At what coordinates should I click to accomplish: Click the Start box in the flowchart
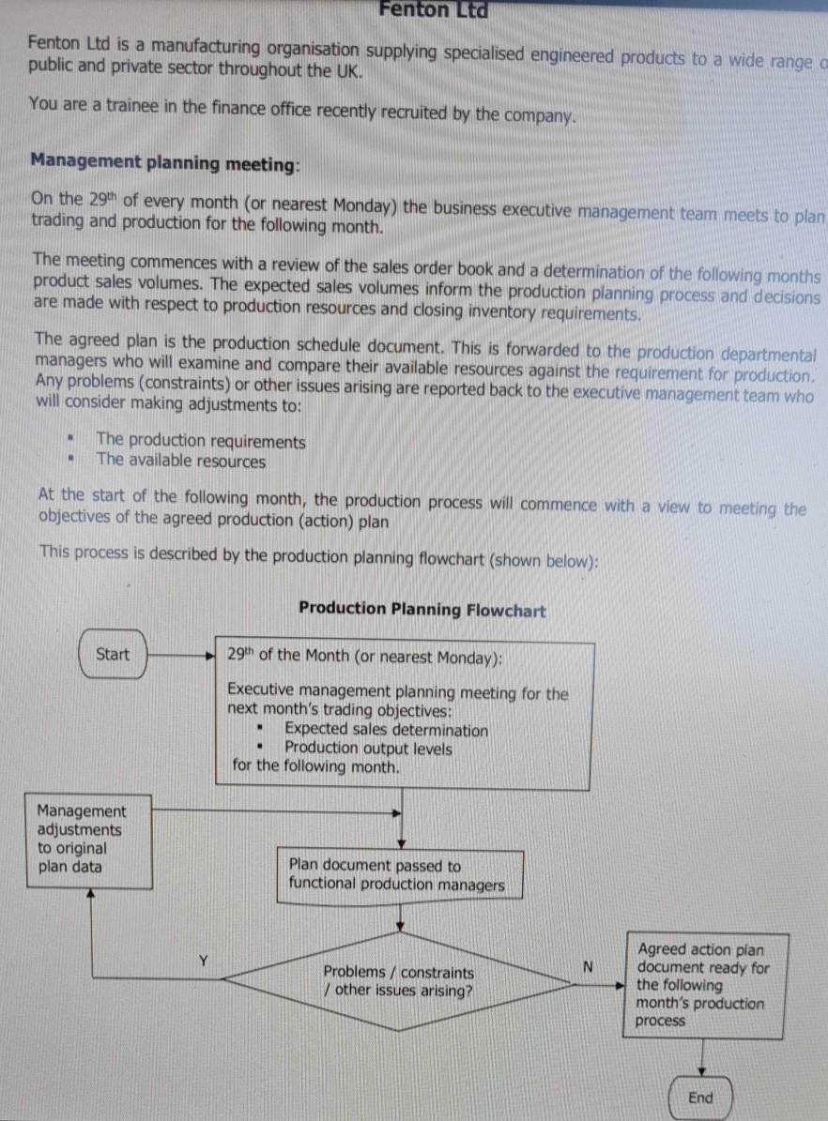tap(113, 654)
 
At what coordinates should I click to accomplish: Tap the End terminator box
tap(700, 1098)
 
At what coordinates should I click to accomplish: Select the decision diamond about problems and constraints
tap(398, 981)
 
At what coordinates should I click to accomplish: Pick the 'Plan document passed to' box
tap(399, 875)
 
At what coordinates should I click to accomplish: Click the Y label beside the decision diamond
tap(203, 961)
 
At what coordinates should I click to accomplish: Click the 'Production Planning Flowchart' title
tap(422, 609)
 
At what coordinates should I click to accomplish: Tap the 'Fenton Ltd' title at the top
tap(433, 10)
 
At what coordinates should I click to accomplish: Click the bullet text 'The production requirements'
tap(201, 441)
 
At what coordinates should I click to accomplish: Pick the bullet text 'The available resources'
tap(181, 461)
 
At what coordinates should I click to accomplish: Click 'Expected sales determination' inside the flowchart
tap(386, 730)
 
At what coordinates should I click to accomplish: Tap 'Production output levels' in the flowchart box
tap(368, 748)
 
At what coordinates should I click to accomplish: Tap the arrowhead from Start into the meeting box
tap(211, 655)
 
